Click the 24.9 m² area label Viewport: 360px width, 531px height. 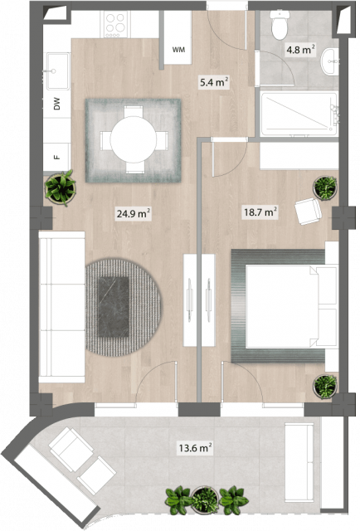(134, 214)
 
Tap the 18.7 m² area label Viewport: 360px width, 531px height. (260, 212)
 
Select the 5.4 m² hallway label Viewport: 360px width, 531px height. (214, 82)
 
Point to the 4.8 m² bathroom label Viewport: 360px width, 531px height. (301, 50)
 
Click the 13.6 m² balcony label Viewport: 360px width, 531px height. (196, 448)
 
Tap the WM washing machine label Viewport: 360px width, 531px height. (178, 50)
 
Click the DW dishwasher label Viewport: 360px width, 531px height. (57, 104)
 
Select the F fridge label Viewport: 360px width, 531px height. (57, 157)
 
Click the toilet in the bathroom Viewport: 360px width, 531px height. (280, 24)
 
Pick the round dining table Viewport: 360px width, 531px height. (134, 139)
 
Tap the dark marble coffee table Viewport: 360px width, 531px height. (114, 307)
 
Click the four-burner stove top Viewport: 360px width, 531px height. (115, 24)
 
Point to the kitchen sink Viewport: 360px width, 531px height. (58, 71)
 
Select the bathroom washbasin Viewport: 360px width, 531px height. (330, 61)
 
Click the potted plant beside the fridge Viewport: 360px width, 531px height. (61, 188)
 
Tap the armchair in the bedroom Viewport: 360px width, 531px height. (308, 212)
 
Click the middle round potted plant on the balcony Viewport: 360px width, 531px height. (205, 499)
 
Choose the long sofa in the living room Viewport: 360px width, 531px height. (61, 307)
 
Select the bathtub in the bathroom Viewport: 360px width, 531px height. (299, 114)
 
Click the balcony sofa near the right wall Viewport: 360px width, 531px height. (299, 462)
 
